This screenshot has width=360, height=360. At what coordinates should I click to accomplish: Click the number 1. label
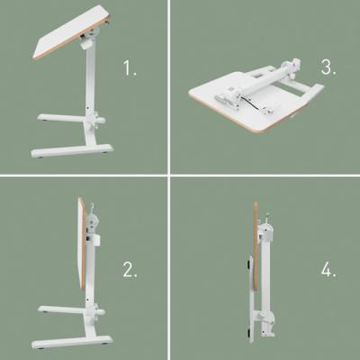click(x=130, y=67)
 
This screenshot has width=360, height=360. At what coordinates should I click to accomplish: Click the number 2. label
click(x=130, y=269)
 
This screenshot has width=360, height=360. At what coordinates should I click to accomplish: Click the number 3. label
click(x=328, y=67)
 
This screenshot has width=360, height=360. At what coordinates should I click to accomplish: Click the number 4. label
click(x=328, y=271)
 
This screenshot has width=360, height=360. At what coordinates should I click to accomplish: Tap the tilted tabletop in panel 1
click(x=72, y=32)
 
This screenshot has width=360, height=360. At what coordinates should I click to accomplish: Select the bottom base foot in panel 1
click(x=72, y=150)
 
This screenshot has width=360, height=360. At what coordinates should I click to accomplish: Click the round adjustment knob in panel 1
click(x=101, y=121)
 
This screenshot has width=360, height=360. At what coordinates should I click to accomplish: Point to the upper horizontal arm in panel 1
click(x=61, y=118)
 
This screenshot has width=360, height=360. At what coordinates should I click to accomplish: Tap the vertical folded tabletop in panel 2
click(x=82, y=244)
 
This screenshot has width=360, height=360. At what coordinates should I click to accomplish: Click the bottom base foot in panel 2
click(x=72, y=341)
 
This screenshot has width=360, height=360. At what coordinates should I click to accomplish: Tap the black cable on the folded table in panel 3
click(x=250, y=103)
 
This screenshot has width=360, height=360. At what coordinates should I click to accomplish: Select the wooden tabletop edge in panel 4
click(x=256, y=246)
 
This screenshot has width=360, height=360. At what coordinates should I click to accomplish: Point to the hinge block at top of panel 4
click(x=265, y=231)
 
